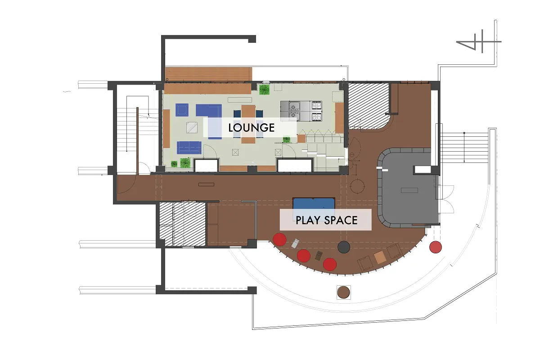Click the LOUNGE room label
click(252, 127)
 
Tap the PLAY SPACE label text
click(326, 220)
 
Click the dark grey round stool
click(344, 247)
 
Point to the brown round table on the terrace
click(343, 292)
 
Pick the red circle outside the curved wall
click(436, 247)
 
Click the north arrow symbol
click(478, 41)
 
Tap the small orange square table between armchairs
click(380, 257)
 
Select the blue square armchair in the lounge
click(182, 110)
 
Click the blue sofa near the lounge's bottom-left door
click(189, 148)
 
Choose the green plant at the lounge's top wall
click(264, 90)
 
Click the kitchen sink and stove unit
click(301, 111)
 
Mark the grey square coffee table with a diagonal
click(192, 127)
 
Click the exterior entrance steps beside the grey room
click(464, 148)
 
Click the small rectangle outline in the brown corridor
click(206, 184)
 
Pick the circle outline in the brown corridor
click(357, 186)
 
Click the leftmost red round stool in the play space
click(279, 239)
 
